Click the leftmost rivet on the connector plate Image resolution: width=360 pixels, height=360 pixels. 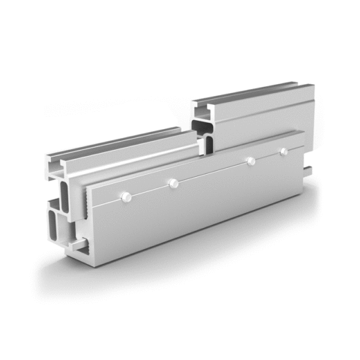point(126,197)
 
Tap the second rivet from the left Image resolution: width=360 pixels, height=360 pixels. point(173,182)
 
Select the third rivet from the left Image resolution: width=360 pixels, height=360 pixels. point(250,160)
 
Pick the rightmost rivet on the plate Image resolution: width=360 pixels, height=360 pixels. point(283,151)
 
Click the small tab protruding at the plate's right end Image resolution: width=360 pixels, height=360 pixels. point(307,166)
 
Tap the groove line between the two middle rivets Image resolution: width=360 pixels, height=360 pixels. point(211,172)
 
